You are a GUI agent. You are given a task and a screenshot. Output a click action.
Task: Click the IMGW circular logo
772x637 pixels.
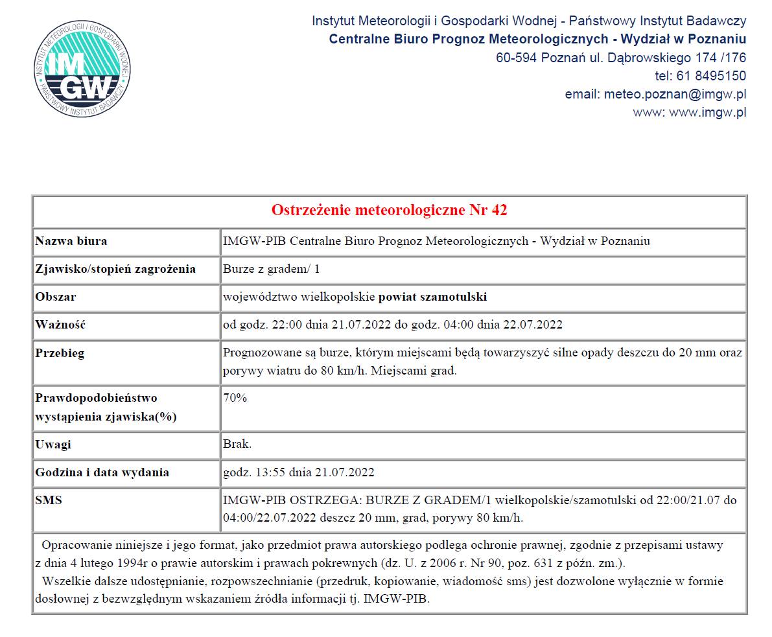[83, 69]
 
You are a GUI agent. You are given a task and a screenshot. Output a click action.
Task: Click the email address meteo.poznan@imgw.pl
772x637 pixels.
[675, 94]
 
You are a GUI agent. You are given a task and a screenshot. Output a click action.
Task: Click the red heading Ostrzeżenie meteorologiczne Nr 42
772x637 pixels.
[389, 210]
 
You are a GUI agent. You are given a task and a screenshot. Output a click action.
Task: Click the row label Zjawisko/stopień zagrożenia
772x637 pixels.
[115, 269]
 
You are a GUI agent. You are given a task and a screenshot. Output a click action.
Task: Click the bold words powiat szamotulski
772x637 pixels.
[432, 297]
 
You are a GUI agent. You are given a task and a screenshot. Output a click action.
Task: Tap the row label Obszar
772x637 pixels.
[56, 297]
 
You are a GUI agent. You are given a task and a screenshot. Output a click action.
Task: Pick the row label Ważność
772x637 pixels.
[60, 325]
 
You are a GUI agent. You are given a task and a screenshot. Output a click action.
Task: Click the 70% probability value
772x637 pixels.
[235, 398]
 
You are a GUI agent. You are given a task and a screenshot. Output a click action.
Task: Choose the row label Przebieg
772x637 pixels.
[60, 353]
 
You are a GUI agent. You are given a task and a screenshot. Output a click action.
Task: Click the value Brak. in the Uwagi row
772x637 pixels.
[237, 445]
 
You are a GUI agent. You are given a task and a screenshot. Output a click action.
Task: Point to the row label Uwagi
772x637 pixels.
[53, 445]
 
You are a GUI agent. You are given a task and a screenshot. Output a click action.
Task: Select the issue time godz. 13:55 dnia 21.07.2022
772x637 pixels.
[298, 472]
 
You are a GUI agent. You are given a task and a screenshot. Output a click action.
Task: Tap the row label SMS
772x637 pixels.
[49, 500]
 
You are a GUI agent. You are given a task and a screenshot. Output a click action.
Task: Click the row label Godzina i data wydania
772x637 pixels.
[102, 472]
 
